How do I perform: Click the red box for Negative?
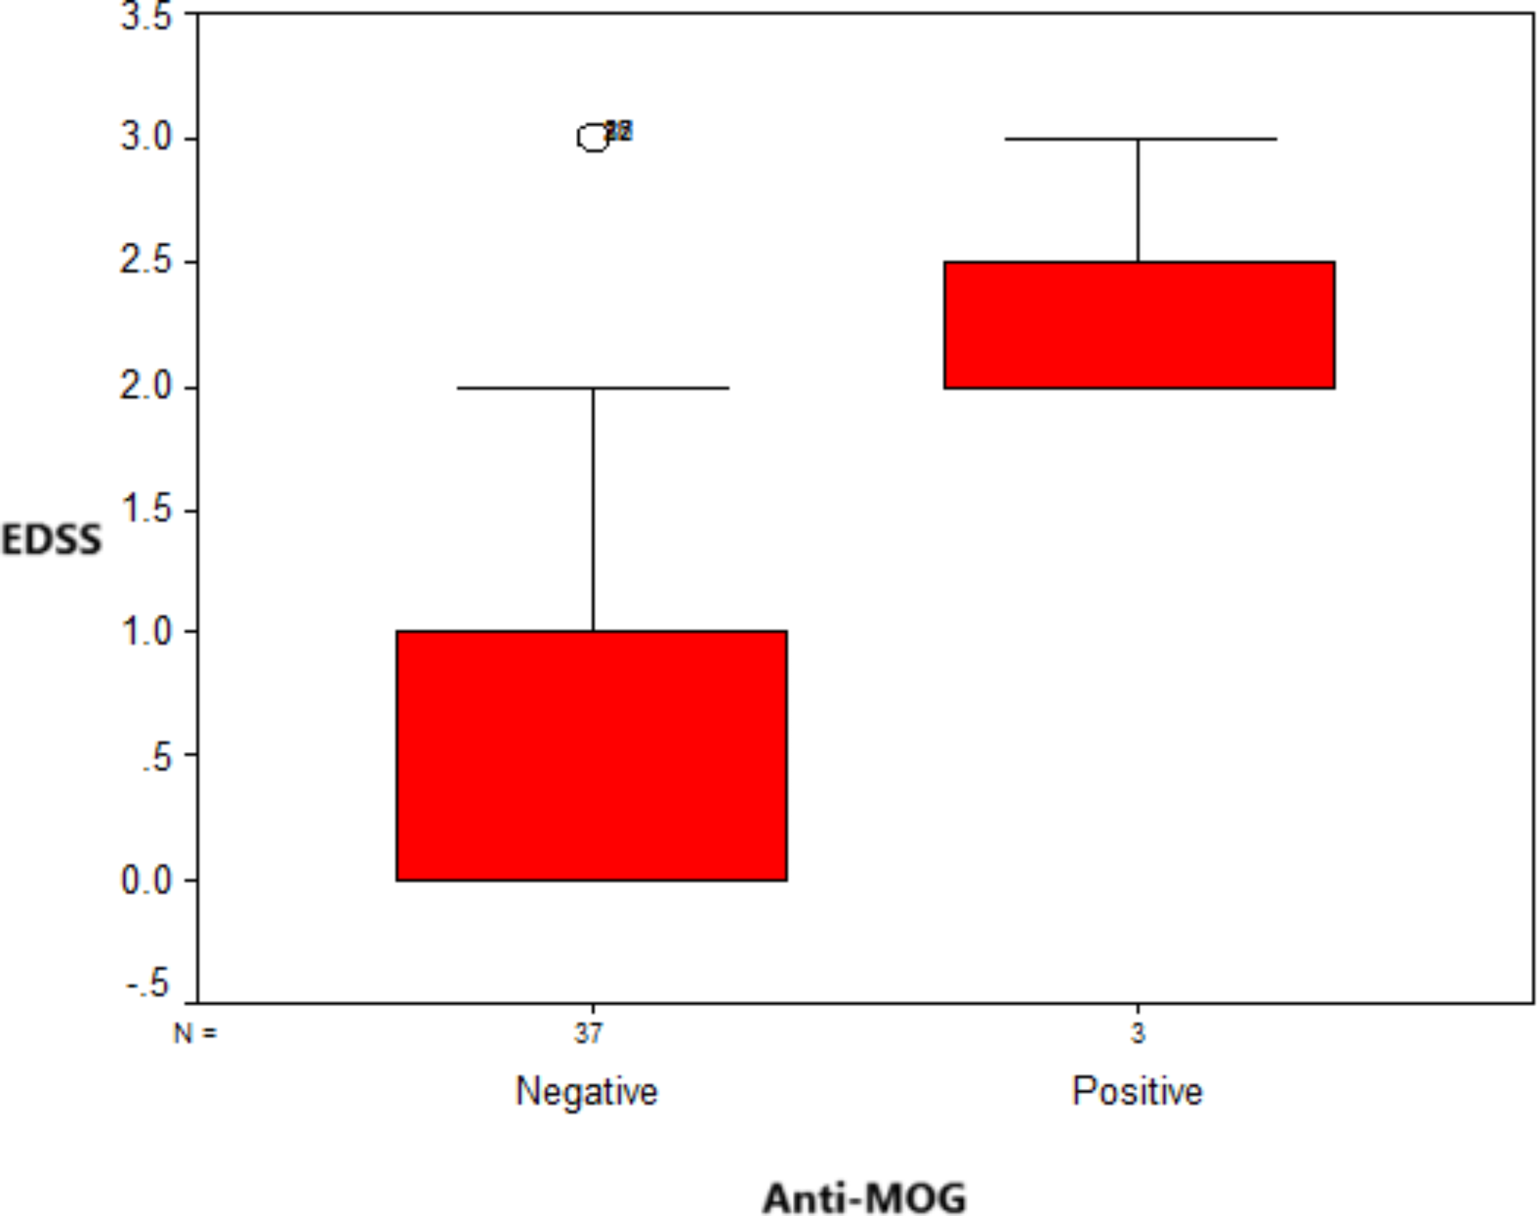[591, 755]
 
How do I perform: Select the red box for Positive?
[1139, 325]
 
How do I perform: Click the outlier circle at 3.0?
[593, 138]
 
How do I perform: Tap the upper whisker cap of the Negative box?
[593, 388]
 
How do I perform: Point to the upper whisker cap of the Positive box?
[1140, 139]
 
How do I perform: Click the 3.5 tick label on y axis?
[146, 17]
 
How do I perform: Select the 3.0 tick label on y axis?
[146, 137]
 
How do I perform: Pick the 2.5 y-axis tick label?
[146, 261]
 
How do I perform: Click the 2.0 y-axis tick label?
[146, 386]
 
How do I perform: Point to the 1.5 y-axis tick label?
[146, 509]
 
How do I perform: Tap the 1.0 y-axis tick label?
[146, 632]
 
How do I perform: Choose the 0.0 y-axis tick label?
[146, 880]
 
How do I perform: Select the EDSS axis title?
[51, 540]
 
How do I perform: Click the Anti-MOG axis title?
[865, 1197]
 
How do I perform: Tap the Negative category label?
[587, 1091]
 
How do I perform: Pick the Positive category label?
[1137, 1091]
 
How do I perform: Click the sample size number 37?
[588, 1034]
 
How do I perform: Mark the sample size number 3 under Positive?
[1137, 1034]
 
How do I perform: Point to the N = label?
[195, 1034]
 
